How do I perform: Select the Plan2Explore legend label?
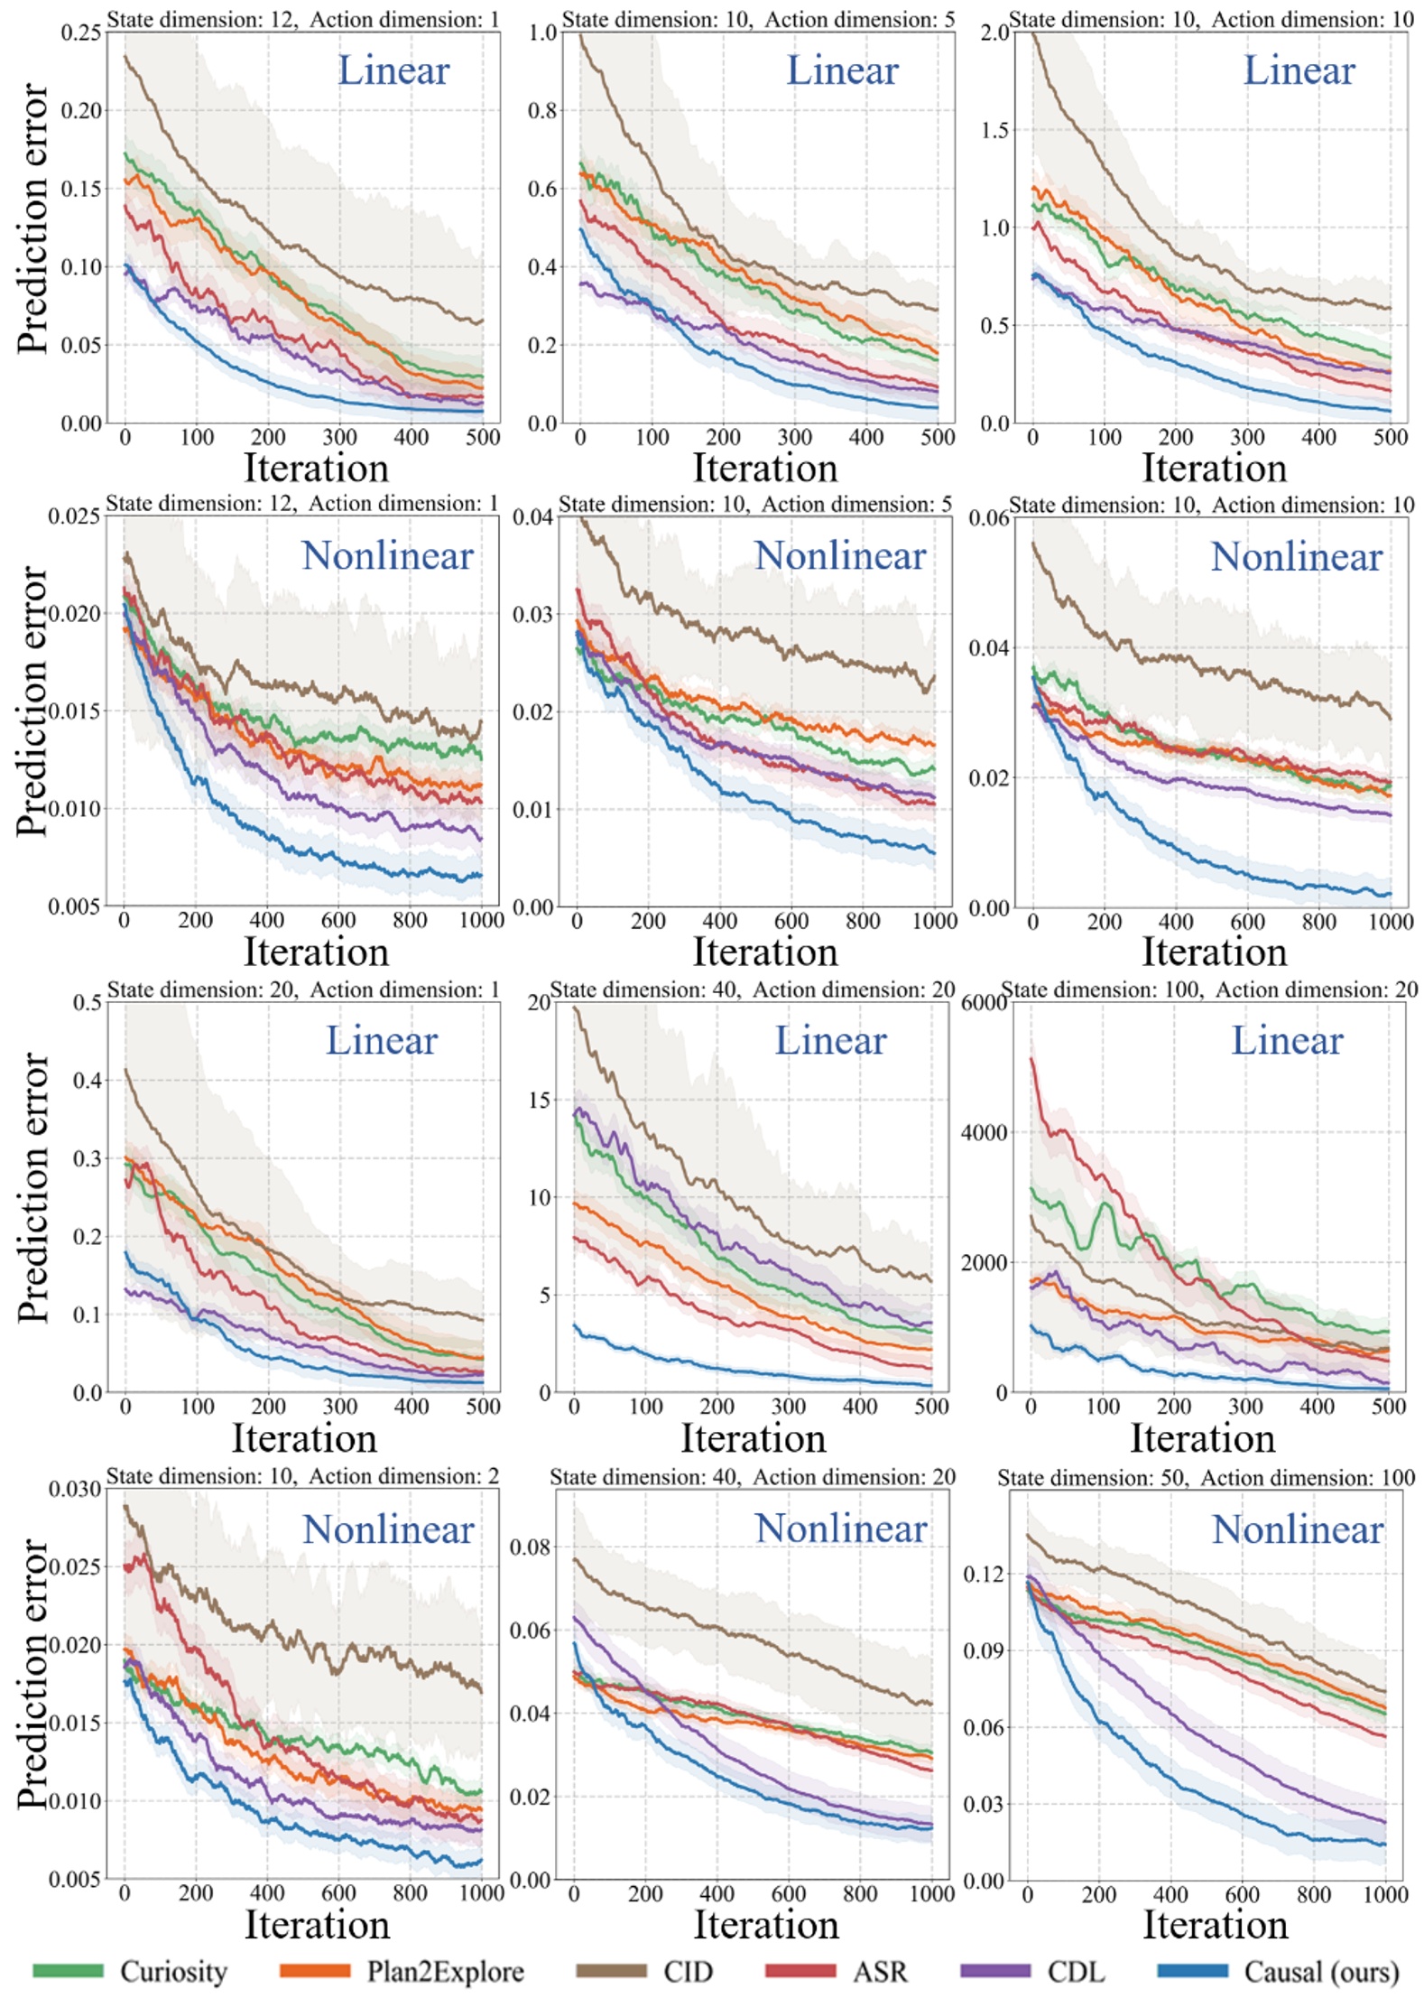click(x=445, y=1971)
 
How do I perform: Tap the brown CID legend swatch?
click(x=611, y=1971)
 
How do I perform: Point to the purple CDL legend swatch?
click(x=995, y=1971)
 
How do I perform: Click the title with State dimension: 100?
click(x=1209, y=990)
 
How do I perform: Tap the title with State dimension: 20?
click(x=303, y=990)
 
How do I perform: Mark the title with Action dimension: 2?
click(x=302, y=1476)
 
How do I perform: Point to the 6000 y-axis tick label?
click(x=984, y=1003)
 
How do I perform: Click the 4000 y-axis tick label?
click(x=984, y=1133)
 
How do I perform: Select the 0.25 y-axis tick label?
click(x=81, y=33)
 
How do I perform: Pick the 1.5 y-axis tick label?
click(x=994, y=131)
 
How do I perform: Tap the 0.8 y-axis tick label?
click(x=542, y=111)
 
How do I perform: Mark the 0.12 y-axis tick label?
click(x=983, y=1575)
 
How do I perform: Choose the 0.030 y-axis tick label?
click(x=75, y=1489)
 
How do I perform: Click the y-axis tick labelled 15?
click(x=539, y=1101)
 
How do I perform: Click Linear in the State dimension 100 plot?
click(x=1287, y=1041)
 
